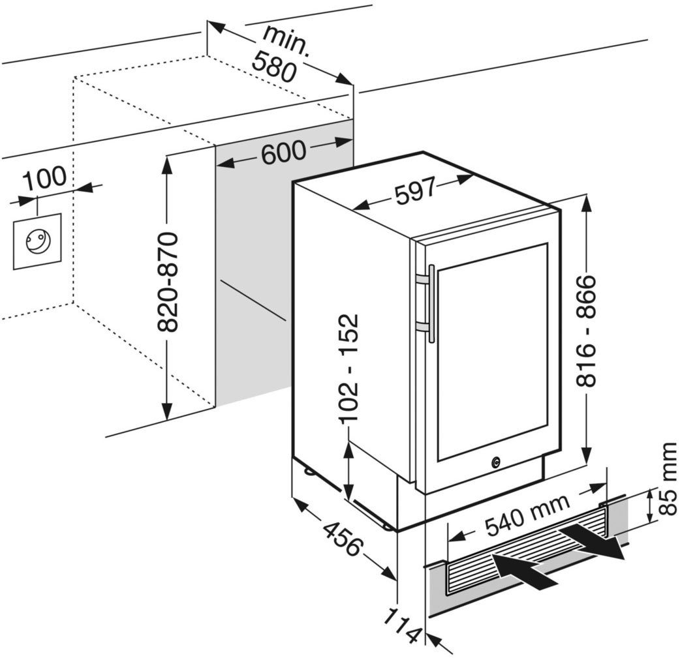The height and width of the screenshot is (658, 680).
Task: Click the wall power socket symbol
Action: tap(37, 241)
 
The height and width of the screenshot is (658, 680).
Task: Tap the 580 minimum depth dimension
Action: tap(275, 66)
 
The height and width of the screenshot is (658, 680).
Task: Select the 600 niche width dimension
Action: tap(284, 152)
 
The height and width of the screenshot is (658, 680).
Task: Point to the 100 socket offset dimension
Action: tap(44, 177)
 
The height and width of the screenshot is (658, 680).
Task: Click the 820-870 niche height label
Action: tap(167, 282)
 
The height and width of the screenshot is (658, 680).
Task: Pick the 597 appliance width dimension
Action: tap(415, 190)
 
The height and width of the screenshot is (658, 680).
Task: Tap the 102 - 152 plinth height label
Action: tap(348, 368)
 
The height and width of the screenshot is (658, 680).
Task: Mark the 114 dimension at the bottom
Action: tap(403, 625)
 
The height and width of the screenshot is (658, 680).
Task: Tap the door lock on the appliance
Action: tap(496, 462)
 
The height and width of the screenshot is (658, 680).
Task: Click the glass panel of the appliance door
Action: tap(492, 351)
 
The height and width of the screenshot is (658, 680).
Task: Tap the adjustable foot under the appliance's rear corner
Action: tap(308, 470)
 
